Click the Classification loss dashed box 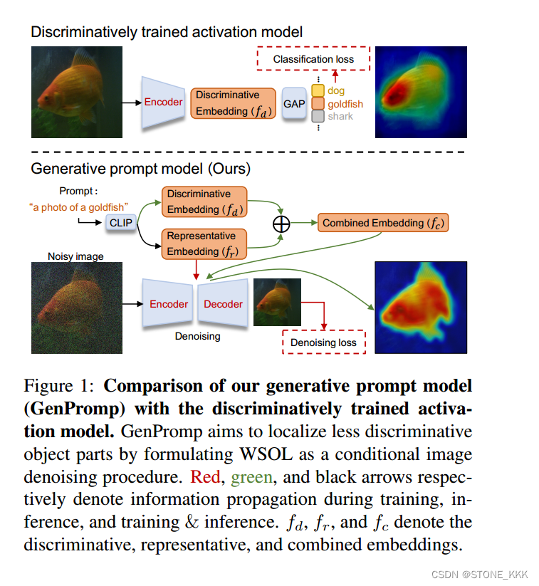313,59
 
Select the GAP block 294,104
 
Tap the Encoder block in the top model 163,103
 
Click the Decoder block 223,304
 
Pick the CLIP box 121,223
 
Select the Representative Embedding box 204,244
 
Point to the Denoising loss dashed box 323,342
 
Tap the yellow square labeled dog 318,91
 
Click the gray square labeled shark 318,116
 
